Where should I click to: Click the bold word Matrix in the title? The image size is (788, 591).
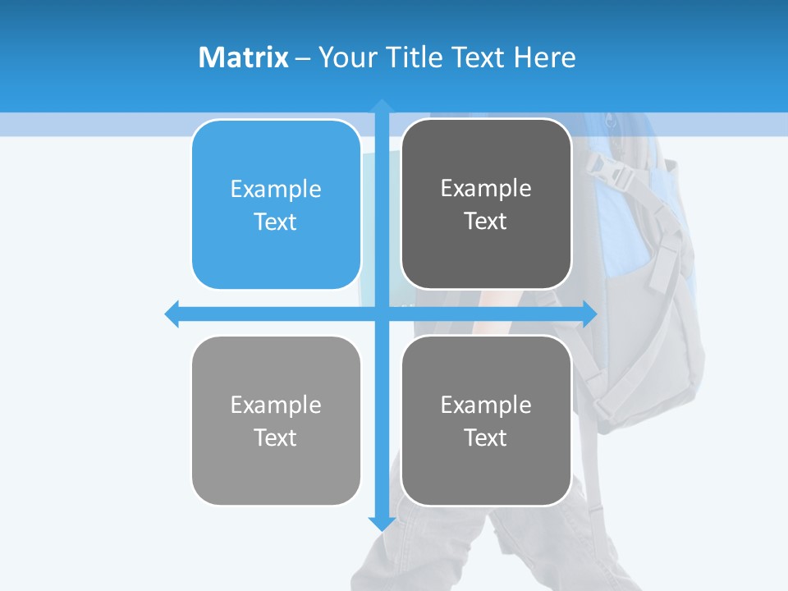pos(243,57)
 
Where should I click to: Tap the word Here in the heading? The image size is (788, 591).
pos(544,57)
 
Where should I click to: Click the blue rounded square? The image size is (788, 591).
pos(276,204)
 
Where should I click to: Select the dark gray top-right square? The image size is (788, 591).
pos(486,204)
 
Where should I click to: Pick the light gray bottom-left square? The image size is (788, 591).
pos(276,420)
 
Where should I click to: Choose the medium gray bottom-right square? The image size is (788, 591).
pos(486,420)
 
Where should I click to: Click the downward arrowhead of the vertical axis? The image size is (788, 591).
pos(382,523)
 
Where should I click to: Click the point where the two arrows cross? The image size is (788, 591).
pos(382,314)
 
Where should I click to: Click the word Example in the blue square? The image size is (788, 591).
pos(276,190)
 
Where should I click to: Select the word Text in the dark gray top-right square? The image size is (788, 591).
pos(486,222)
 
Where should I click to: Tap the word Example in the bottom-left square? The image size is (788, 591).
pos(276,405)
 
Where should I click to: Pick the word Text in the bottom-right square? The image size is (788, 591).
pos(486,438)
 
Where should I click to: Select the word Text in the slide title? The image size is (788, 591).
pos(479,57)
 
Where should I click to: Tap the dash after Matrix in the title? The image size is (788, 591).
pos(303,58)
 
